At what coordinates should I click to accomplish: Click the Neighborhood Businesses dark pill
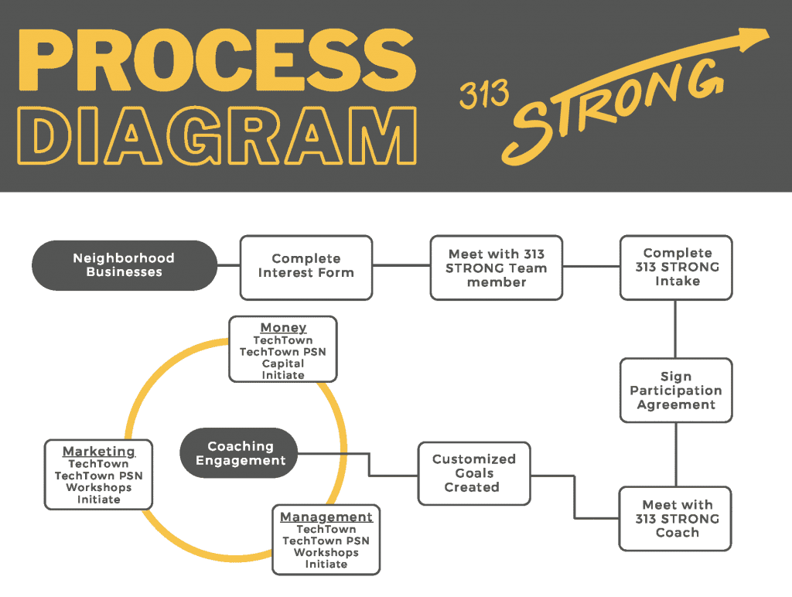point(125,265)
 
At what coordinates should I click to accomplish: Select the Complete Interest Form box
point(306,268)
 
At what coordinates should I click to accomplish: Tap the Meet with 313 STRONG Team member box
point(497,268)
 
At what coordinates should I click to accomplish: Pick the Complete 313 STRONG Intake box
point(676,268)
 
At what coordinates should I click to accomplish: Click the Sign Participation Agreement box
point(676,391)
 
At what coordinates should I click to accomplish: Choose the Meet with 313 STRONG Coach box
point(675,519)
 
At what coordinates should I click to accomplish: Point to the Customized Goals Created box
point(474,473)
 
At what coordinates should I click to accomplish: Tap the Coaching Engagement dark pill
point(239,453)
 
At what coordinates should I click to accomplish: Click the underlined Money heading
point(283,328)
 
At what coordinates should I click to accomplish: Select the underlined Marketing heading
point(99,452)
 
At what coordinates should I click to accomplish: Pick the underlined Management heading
point(326,517)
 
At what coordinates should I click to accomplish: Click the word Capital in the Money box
point(283,363)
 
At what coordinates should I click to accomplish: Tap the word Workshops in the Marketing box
point(99,487)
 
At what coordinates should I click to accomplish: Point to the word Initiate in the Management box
point(326,565)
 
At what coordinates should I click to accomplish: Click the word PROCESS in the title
point(217,60)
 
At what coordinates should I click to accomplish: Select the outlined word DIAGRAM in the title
point(217,135)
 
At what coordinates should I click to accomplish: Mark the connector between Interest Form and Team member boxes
point(401,265)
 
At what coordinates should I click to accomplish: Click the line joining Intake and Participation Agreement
point(676,329)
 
